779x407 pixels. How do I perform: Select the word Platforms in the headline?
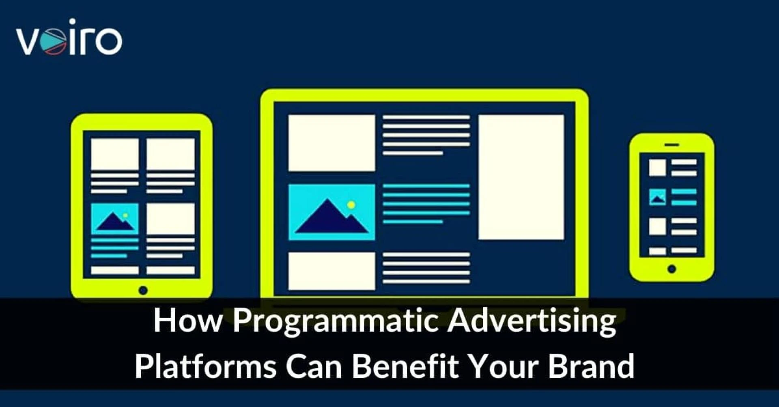pos(205,366)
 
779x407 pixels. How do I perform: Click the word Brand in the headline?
pos(591,366)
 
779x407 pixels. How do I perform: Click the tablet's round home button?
pos(143,290)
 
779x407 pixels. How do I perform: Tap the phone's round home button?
pos(671,269)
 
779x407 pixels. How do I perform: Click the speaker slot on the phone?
pos(672,145)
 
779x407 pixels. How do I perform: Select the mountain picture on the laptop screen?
pos(331,212)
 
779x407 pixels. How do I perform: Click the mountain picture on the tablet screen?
pos(114,219)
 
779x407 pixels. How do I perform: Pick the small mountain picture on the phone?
pos(657,197)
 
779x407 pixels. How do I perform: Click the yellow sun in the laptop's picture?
pos(351,205)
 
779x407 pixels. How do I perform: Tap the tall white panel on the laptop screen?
pos(521,177)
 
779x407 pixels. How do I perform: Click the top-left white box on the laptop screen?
pos(331,143)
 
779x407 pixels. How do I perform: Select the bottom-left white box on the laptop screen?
pos(331,271)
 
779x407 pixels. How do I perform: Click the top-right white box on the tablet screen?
pos(170,154)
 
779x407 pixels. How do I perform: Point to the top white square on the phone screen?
pos(657,167)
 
